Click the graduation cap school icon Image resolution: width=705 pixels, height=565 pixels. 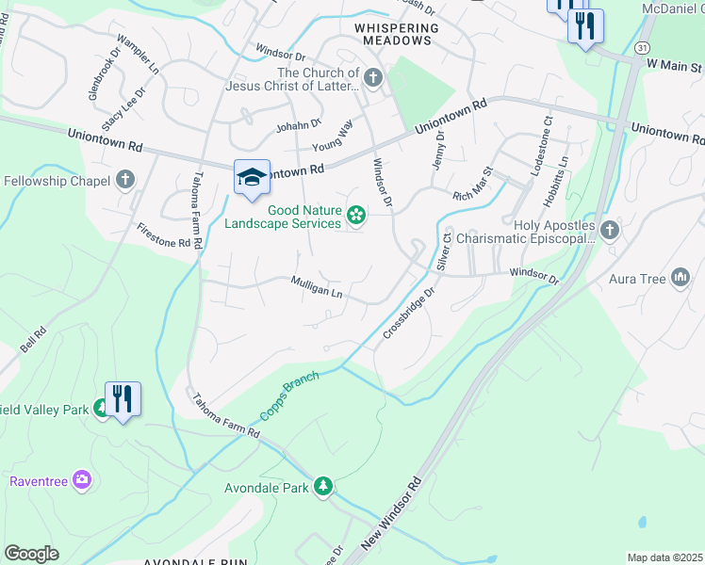[252, 178]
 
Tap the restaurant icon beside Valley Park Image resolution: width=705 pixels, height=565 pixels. [123, 399]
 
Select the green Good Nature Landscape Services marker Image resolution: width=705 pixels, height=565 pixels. [356, 217]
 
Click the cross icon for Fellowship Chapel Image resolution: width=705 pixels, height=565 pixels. [125, 180]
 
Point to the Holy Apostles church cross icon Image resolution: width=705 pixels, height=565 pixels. [610, 229]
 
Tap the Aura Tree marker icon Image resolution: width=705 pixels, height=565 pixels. [680, 277]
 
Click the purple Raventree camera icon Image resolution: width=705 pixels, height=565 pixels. [82, 480]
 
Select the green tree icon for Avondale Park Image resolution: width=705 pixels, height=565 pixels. [323, 485]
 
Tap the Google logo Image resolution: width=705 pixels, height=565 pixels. [31, 554]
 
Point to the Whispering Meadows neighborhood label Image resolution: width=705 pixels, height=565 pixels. [397, 28]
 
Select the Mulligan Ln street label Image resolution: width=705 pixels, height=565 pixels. [316, 286]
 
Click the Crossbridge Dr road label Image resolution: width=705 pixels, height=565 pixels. [409, 314]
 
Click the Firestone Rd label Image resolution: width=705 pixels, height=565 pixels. [163, 235]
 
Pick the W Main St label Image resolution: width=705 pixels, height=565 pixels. [674, 67]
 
